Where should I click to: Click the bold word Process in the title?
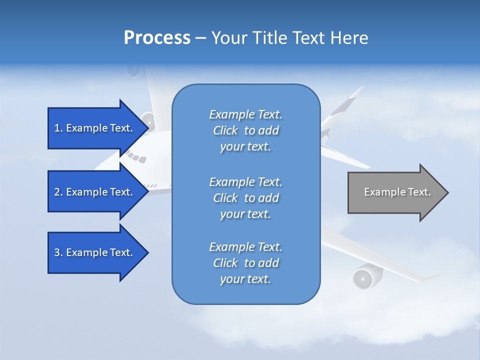pos(157,38)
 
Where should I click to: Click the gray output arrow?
pos(395,192)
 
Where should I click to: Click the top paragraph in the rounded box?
pos(245,130)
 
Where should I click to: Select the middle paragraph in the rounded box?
pos(245,197)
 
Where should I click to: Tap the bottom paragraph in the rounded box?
pos(245,262)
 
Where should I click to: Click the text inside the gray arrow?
pos(397,192)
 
